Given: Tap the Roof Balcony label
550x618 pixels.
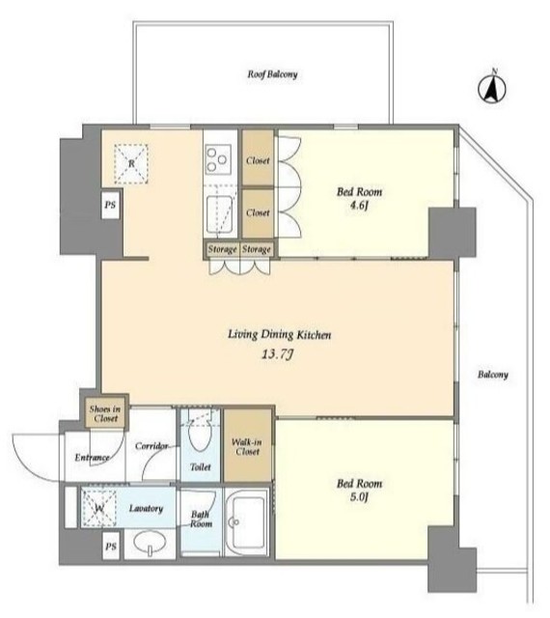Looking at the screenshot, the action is click(x=272, y=74).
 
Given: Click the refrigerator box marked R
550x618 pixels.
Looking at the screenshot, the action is click(x=131, y=163).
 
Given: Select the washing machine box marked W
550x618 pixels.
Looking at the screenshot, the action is click(x=98, y=509).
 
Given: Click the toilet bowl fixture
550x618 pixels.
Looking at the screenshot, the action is click(x=200, y=435).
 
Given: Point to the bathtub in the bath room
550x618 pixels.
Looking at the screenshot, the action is click(x=247, y=522).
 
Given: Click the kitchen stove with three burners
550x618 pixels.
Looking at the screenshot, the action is click(x=217, y=159).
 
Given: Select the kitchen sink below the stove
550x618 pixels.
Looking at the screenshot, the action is click(x=219, y=214).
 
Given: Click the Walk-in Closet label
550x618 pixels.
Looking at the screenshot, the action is click(x=247, y=446).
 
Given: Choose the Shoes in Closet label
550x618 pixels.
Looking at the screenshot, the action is click(x=105, y=413).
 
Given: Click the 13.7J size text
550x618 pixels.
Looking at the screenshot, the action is click(x=277, y=354).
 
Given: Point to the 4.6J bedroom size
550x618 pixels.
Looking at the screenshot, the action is click(x=359, y=206).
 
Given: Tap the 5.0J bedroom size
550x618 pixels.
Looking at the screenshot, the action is click(x=359, y=497).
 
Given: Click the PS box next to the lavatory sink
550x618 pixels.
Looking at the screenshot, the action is click(x=111, y=547).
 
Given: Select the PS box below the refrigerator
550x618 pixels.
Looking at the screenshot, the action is click(x=110, y=205).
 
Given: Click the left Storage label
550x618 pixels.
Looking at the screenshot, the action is click(x=223, y=249).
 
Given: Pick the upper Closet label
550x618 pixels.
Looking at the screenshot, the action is click(x=258, y=160).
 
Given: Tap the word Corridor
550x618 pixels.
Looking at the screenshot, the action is click(x=151, y=446).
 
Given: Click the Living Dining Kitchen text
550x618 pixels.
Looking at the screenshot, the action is click(x=279, y=335).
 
